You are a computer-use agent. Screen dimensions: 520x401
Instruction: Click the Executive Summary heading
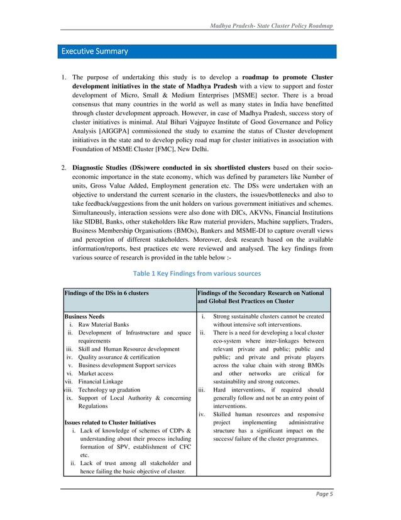pyautogui.click(x=94, y=51)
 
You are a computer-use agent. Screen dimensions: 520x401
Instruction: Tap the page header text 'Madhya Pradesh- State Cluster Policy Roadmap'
pyautogui.click(x=271, y=25)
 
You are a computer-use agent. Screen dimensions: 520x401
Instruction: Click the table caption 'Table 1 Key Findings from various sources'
pyautogui.click(x=196, y=273)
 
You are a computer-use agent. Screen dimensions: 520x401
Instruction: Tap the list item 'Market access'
pyautogui.click(x=96, y=373)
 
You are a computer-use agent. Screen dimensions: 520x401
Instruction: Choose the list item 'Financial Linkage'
pyautogui.click(x=101, y=382)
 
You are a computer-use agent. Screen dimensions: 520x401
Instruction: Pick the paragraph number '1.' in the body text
pyautogui.click(x=64, y=77)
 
